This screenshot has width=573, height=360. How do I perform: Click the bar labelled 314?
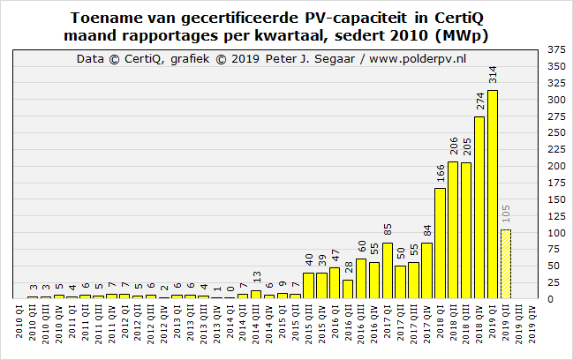pos(493,194)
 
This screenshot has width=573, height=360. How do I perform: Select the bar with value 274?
pos(479,207)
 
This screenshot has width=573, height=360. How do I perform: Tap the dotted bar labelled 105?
pos(506,264)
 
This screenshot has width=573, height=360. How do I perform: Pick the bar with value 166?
pos(440,244)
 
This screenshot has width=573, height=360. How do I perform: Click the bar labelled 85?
pos(387,270)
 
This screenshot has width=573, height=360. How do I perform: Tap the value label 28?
pos(347,269)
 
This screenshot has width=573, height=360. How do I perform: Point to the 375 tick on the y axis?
pos(556,49)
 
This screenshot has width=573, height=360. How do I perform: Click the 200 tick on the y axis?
pos(556,166)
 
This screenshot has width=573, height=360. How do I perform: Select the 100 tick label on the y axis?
pos(556,232)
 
